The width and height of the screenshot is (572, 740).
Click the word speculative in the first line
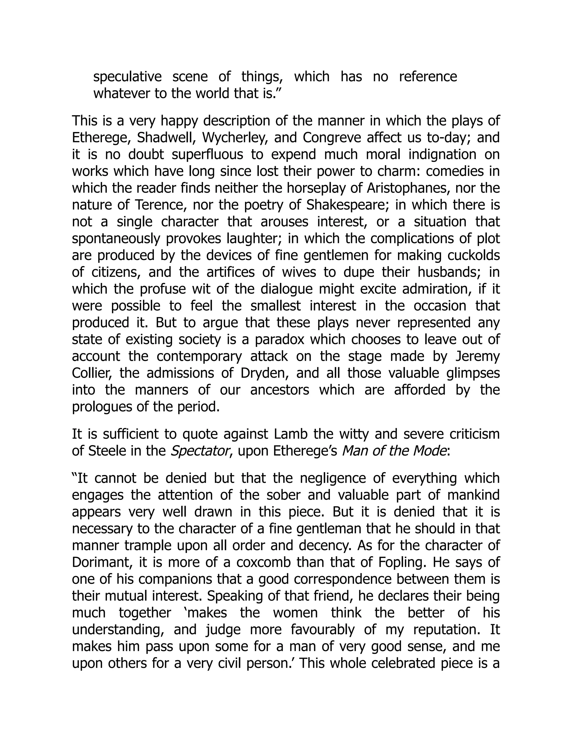[127, 77]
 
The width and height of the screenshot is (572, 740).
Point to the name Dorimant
[97, 562]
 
